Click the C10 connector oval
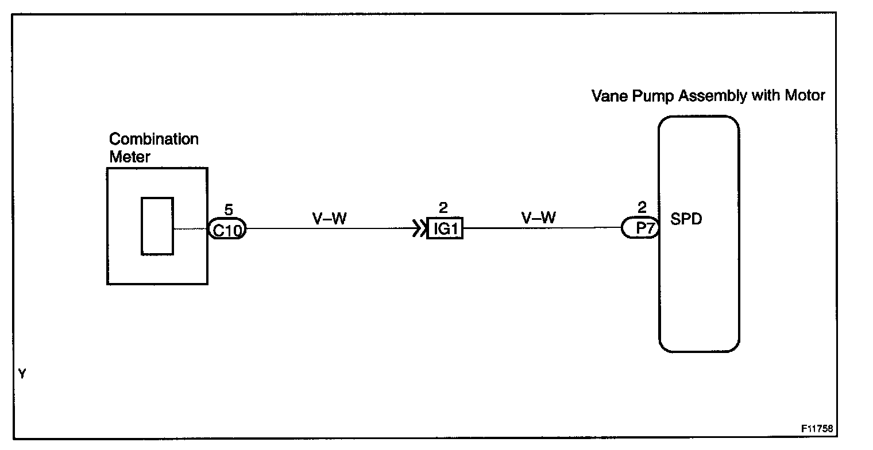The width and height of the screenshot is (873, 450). click(x=227, y=230)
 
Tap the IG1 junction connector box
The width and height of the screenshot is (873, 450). click(x=445, y=230)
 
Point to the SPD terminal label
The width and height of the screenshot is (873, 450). click(x=686, y=220)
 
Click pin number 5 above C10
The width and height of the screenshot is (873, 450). click(x=229, y=210)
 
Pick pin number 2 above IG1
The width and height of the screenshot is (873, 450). click(x=443, y=209)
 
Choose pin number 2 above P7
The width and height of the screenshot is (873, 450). click(x=642, y=208)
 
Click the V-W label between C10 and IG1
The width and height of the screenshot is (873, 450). click(x=330, y=218)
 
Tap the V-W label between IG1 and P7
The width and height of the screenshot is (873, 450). click(x=538, y=218)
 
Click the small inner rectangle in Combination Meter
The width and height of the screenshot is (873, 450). click(x=157, y=226)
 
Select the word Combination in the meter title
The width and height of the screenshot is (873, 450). click(x=153, y=139)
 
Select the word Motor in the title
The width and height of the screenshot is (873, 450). click(x=805, y=95)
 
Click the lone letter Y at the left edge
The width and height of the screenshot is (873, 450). click(x=22, y=374)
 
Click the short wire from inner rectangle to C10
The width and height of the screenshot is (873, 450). click(x=190, y=229)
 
